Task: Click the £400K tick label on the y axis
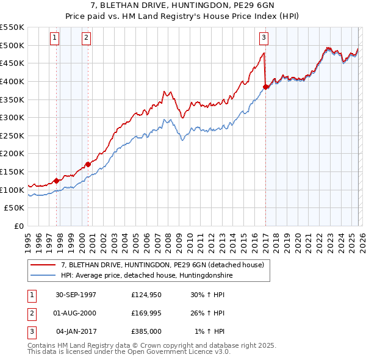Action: (x=12, y=81)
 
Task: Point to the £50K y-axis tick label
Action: (x=15, y=208)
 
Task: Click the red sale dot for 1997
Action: (x=57, y=181)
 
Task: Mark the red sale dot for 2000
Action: (x=88, y=164)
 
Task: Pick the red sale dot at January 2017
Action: (x=265, y=87)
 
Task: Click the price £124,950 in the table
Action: (x=146, y=295)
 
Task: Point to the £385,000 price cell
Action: (x=146, y=331)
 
